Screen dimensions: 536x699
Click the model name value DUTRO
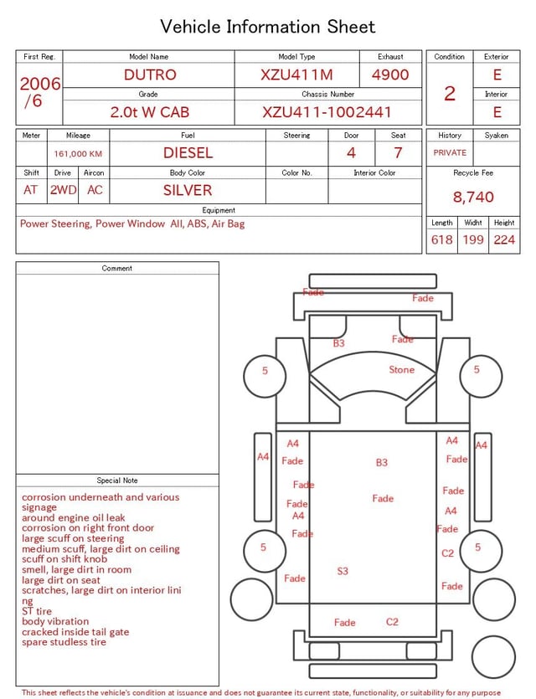150,75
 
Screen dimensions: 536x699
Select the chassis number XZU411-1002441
327,112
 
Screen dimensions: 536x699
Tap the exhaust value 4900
390,75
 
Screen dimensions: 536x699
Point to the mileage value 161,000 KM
78,154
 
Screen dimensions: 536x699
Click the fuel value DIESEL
188,153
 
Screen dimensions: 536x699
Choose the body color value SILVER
188,190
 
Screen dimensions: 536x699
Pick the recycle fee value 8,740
473,197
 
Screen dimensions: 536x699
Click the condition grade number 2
450,94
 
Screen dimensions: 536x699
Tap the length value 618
442,239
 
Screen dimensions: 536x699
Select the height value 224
504,239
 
